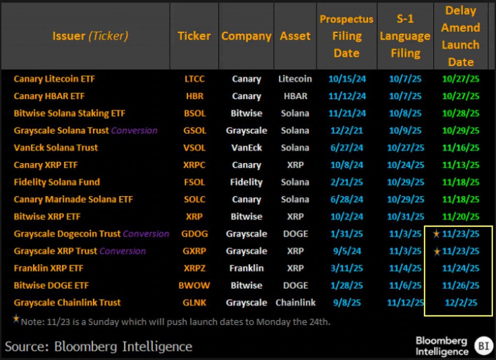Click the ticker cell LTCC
(194, 79)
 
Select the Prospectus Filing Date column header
(346, 36)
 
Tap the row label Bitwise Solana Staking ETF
(69, 113)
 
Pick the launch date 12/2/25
(461, 303)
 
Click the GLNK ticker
(194, 303)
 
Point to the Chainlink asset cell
(295, 303)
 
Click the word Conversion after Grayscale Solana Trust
(134, 131)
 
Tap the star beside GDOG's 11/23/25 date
(436, 234)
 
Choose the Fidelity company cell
(246, 183)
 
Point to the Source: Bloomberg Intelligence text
(98, 346)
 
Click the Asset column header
(295, 36)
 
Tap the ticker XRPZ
(194, 268)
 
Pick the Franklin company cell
(246, 268)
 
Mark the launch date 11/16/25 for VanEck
(461, 148)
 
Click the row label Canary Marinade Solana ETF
(73, 200)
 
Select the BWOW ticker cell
(194, 286)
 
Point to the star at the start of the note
(17, 319)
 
